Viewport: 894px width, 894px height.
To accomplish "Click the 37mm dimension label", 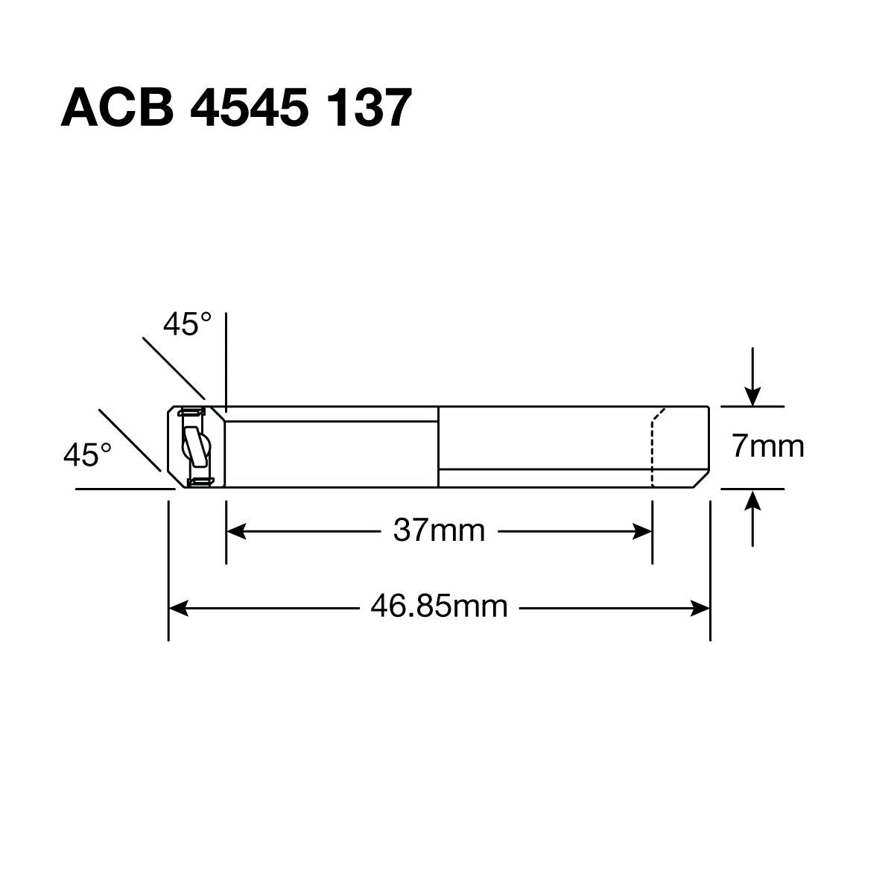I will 439,531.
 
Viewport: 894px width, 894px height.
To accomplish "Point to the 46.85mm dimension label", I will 439,607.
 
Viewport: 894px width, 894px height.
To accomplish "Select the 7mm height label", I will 767,447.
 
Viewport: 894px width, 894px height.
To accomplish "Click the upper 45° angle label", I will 187,326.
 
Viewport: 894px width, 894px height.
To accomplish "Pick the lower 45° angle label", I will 87,455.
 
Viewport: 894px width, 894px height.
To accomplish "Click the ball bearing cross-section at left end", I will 196,447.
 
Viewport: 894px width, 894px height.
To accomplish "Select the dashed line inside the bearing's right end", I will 653,447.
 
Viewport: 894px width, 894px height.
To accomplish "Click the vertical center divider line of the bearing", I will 438,447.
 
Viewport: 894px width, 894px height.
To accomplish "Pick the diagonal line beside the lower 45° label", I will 130,440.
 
